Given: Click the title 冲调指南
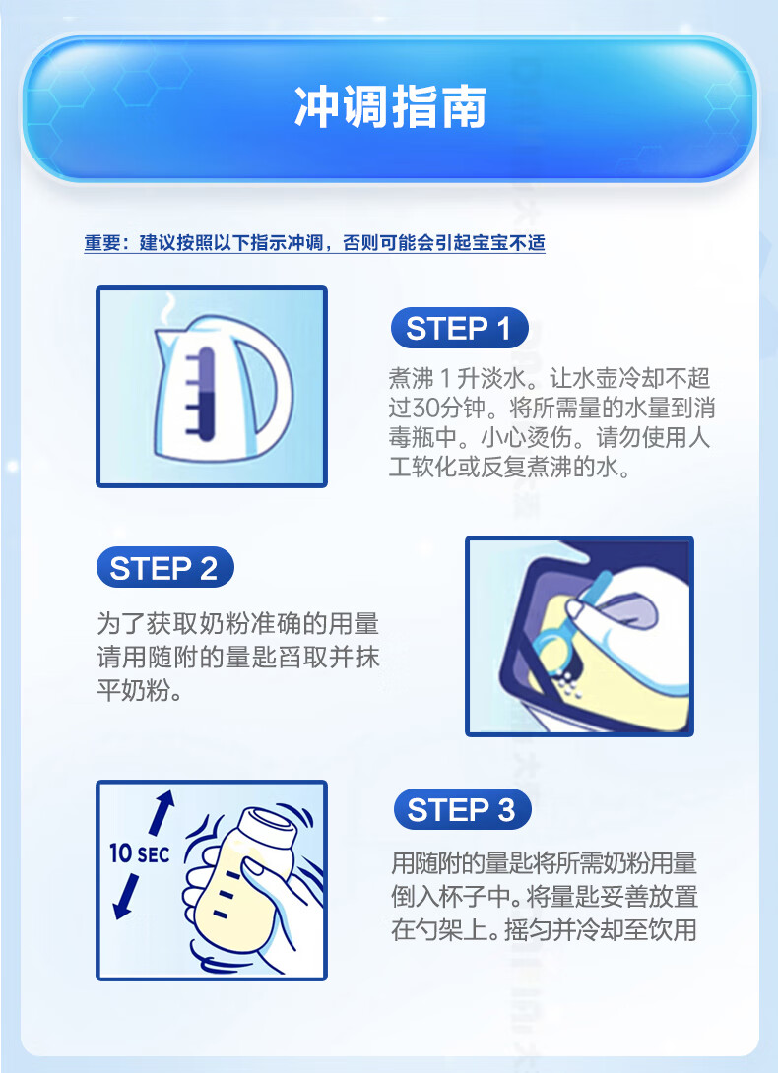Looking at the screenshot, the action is click(x=390, y=107).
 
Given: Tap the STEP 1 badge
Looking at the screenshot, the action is click(x=459, y=329).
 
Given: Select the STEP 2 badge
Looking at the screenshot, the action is click(x=164, y=568).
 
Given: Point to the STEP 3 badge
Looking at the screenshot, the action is click(x=462, y=809).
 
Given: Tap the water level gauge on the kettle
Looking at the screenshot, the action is click(x=204, y=392).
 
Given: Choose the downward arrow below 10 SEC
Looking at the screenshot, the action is click(x=127, y=896).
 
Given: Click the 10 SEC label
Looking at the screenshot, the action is click(x=139, y=853).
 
